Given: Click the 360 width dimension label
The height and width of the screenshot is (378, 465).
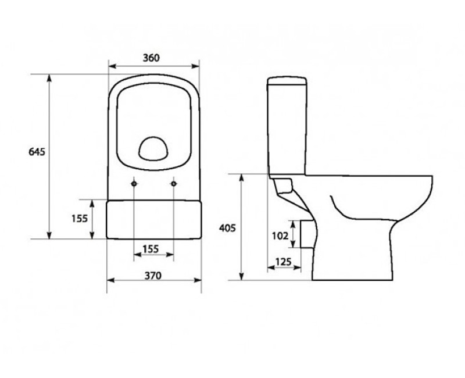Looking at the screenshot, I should [151, 58].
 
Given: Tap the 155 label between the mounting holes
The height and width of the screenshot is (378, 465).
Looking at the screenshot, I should [151, 248].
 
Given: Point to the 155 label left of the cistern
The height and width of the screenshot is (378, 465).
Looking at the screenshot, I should [79, 219].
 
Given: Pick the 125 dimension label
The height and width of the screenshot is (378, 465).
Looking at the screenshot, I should [283, 262].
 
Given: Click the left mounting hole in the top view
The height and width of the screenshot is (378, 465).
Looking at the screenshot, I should [134, 183].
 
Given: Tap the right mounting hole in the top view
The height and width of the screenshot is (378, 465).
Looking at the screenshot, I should [174, 183].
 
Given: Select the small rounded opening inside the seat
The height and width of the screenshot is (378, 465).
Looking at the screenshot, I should [153, 148].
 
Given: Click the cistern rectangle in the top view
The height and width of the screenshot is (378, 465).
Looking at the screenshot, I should [154, 219].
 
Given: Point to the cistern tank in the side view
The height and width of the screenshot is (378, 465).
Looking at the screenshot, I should [287, 125].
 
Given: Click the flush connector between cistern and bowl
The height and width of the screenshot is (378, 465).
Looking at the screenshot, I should [285, 186].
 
